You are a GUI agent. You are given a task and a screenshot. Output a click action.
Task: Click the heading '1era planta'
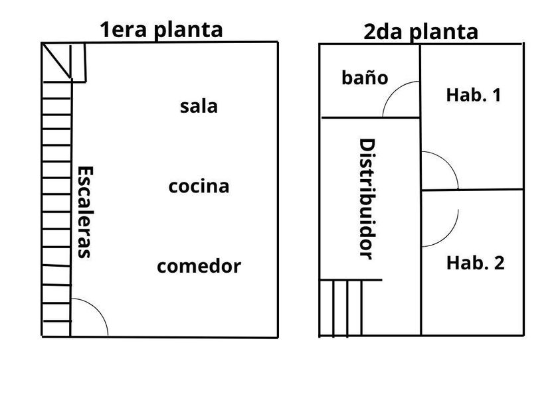[161, 30]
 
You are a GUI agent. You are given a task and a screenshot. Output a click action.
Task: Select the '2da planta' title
[420, 33]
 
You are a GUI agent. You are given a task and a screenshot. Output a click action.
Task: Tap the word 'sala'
[199, 106]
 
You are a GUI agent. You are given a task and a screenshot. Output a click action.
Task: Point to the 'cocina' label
[199, 186]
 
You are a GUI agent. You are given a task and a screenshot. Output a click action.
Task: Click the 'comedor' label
[199, 266]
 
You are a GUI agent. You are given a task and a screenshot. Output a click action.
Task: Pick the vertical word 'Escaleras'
[85, 212]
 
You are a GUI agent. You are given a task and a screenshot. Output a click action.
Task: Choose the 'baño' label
[365, 78]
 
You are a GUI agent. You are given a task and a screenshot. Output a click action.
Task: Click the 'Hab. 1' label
[473, 95]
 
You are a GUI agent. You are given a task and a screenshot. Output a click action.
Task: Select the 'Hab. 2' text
[476, 263]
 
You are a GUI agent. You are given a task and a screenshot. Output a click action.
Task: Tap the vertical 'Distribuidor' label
[367, 199]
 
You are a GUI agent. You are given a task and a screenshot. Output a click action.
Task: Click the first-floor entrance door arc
[97, 309]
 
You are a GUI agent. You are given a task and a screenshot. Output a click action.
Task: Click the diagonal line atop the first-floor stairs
[56, 60]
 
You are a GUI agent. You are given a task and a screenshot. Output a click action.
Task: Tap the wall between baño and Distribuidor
[371, 117]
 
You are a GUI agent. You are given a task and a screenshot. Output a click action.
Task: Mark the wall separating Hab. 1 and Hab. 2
[472, 190]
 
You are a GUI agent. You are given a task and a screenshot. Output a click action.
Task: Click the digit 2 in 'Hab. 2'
[500, 263]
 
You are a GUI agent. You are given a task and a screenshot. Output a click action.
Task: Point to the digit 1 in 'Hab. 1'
[496, 95]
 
